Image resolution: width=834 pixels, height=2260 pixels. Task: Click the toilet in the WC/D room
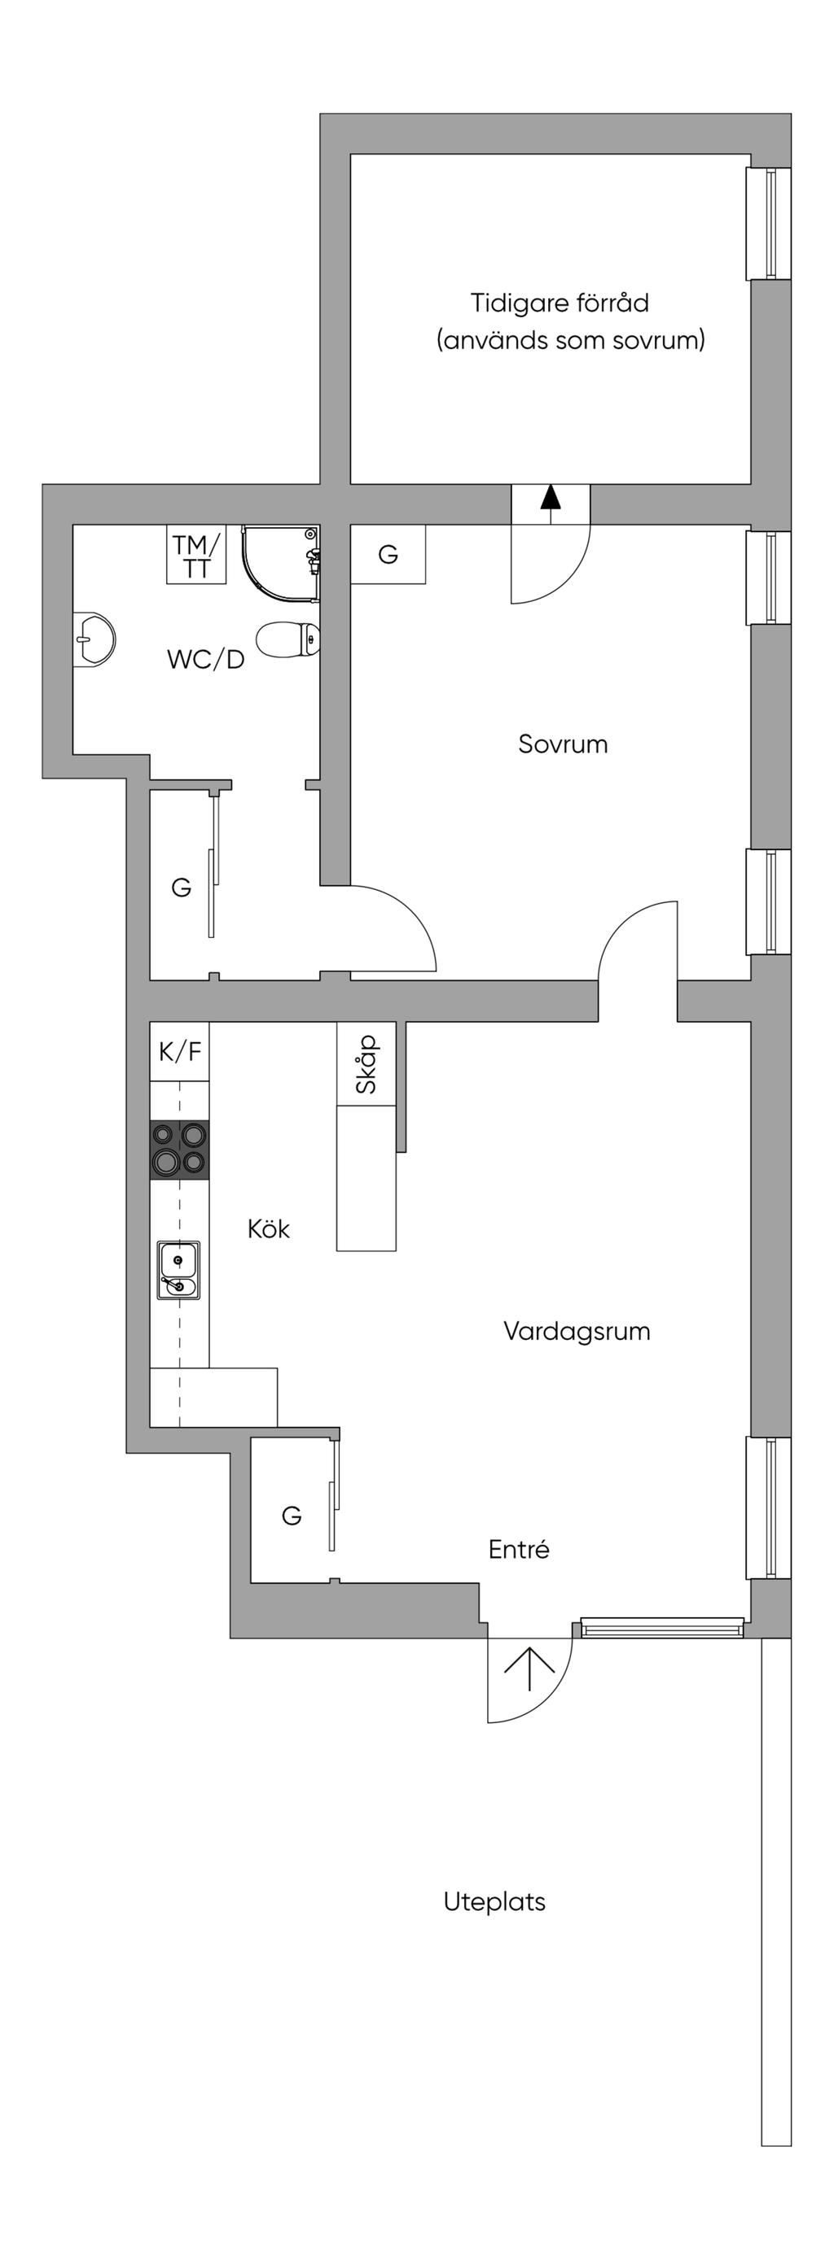[290, 639]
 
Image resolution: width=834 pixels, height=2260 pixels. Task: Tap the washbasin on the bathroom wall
[93, 638]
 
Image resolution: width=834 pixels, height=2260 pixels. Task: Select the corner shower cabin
[280, 562]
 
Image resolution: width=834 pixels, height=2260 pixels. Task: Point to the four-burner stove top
[179, 1150]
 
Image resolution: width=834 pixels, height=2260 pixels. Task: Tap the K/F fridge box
[179, 1050]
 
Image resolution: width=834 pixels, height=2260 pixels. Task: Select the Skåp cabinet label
[366, 1063]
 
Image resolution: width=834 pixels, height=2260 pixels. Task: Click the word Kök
[268, 1228]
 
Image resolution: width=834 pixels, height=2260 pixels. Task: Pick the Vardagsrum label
[577, 1330]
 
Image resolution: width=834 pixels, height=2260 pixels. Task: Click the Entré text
[519, 1548]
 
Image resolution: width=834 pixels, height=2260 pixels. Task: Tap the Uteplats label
[494, 1901]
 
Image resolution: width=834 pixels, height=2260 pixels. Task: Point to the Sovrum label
[563, 744]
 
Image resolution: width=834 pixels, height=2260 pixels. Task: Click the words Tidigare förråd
[560, 303]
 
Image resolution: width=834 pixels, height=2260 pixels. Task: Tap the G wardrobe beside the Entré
[292, 1514]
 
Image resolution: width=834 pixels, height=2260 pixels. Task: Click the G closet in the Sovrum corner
[388, 555]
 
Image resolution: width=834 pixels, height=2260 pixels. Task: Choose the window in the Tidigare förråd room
[769, 223]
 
